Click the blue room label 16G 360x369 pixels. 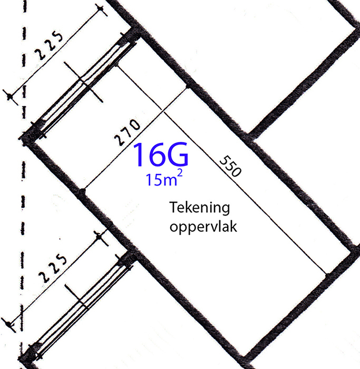coord(161,154)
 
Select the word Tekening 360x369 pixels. coord(200,208)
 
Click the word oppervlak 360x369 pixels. coord(203,227)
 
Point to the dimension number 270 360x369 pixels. coord(127,132)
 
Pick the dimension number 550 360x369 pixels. coord(230,166)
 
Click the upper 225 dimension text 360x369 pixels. coord(50,45)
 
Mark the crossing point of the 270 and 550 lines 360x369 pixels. coord(162,111)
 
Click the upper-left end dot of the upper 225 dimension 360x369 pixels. coord(101,9)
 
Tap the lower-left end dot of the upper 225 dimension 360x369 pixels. coord(10,96)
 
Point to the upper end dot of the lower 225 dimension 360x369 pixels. coord(99,237)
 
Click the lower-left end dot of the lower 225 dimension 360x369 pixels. coord(9,325)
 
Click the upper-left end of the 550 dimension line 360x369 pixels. coord(117,66)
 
